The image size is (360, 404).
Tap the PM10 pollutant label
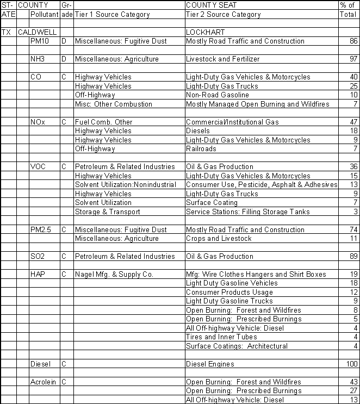(40, 41)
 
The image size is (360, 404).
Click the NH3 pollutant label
(38, 59)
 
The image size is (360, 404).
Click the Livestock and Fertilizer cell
(222, 59)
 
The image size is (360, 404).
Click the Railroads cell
(201, 149)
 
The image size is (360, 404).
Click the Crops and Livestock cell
(219, 239)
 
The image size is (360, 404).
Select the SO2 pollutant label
(38, 257)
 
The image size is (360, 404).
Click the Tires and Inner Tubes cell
(221, 337)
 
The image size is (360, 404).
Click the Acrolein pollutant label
(43, 382)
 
